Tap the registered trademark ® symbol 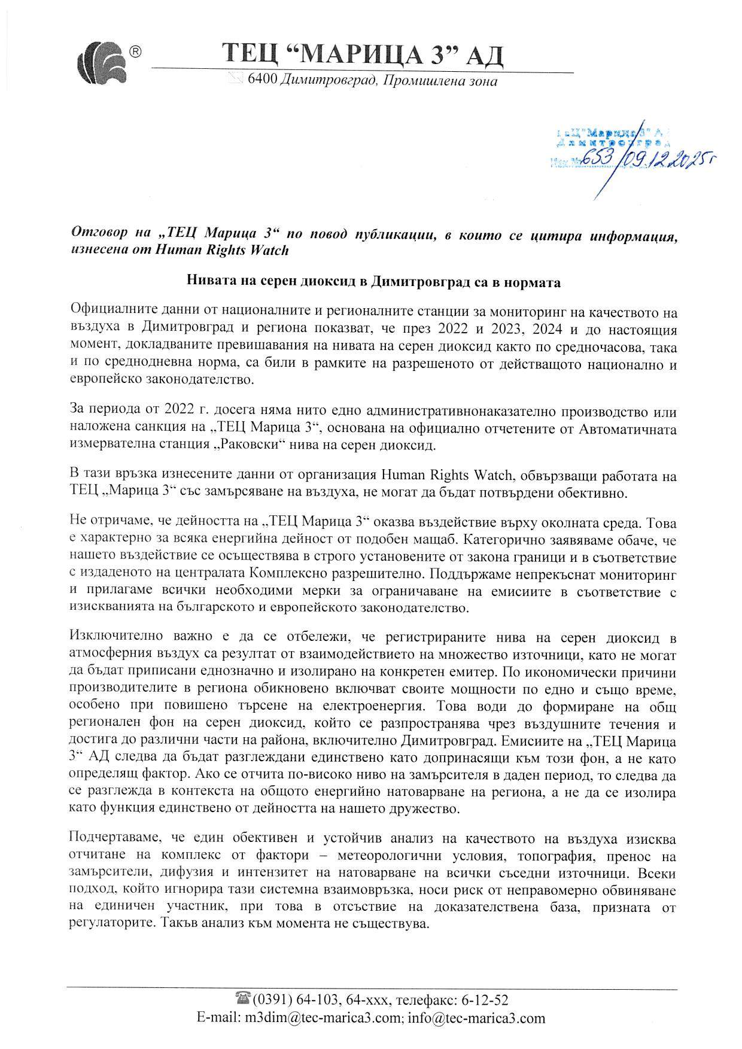[x=136, y=52]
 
